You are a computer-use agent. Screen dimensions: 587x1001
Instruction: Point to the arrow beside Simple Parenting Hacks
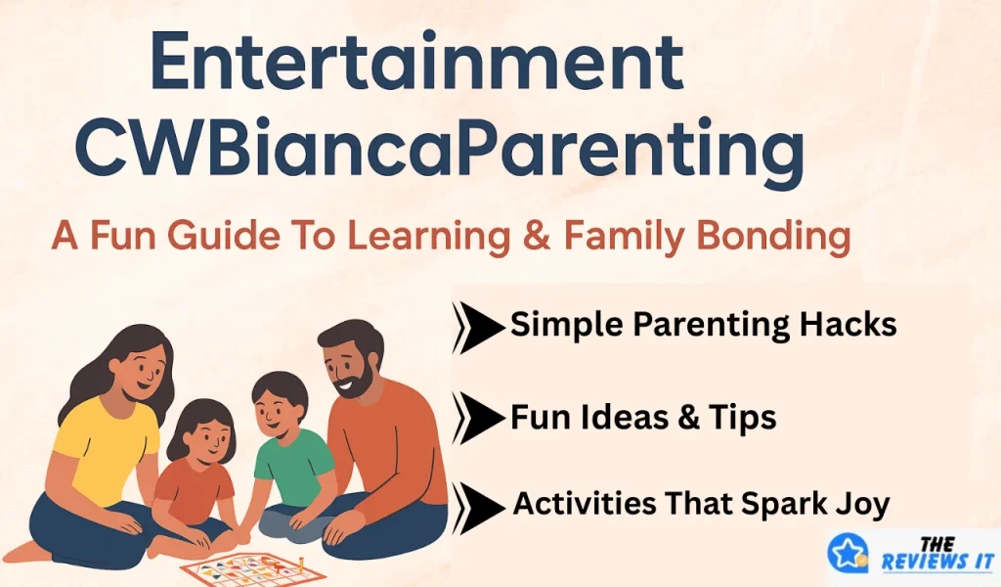click(x=477, y=327)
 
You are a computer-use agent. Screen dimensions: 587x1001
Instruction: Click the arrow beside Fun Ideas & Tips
click(x=477, y=419)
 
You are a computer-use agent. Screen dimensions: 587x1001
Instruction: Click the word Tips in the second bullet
click(x=742, y=418)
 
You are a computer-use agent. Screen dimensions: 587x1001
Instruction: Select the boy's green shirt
click(x=292, y=464)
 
